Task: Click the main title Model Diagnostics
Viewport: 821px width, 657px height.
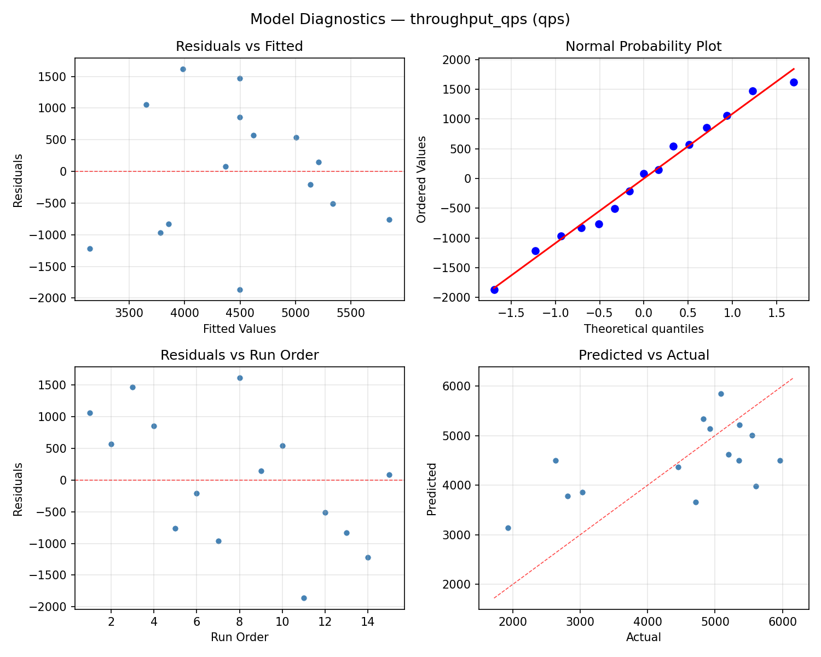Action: pyautogui.click(x=410, y=20)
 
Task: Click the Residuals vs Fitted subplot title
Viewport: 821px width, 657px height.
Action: pyautogui.click(x=239, y=47)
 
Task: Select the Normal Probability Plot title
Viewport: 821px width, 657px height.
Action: pyautogui.click(x=643, y=47)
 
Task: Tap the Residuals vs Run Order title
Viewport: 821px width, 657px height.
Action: pyautogui.click(x=239, y=355)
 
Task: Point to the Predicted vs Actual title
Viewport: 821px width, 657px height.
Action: pyautogui.click(x=643, y=355)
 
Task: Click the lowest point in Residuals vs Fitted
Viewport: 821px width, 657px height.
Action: pyautogui.click(x=240, y=290)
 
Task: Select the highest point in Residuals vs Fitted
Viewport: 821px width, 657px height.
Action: pyautogui.click(x=183, y=69)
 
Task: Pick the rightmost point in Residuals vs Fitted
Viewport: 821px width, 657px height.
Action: pyautogui.click(x=389, y=220)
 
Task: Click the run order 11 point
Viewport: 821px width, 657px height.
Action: pyautogui.click(x=304, y=598)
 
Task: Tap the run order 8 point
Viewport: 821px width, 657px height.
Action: pyautogui.click(x=240, y=378)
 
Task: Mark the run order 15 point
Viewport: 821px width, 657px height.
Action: pyautogui.click(x=389, y=475)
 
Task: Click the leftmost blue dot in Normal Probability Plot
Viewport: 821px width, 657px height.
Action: pyautogui.click(x=494, y=290)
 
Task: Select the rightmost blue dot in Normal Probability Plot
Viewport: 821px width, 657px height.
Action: pyautogui.click(x=794, y=82)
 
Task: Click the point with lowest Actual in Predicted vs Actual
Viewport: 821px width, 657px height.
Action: pyautogui.click(x=508, y=528)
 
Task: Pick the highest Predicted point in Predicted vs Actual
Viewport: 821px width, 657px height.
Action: pyautogui.click(x=721, y=394)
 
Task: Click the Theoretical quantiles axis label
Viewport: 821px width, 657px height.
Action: pyautogui.click(x=643, y=329)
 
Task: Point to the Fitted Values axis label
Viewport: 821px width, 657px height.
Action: pyautogui.click(x=239, y=329)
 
